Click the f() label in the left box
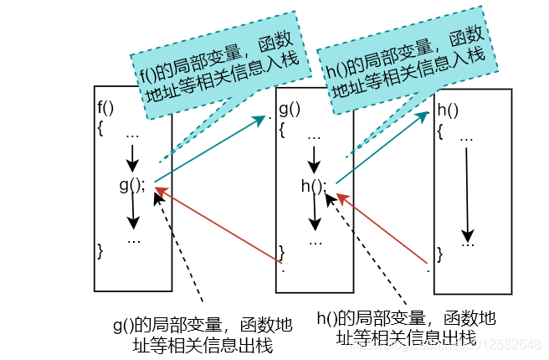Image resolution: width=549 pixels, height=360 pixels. (105, 106)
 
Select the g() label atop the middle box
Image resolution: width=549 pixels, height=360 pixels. (289, 109)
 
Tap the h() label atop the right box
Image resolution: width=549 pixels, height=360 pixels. (447, 110)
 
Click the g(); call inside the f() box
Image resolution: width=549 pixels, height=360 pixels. (132, 185)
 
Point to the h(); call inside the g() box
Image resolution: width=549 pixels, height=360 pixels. (314, 186)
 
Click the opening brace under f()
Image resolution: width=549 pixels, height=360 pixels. (100, 128)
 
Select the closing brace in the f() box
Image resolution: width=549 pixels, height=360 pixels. (100, 249)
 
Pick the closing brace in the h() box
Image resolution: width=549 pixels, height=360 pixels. (440, 250)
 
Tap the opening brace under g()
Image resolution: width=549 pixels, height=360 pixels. (283, 130)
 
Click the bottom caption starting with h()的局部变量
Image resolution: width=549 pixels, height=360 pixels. (407, 327)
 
